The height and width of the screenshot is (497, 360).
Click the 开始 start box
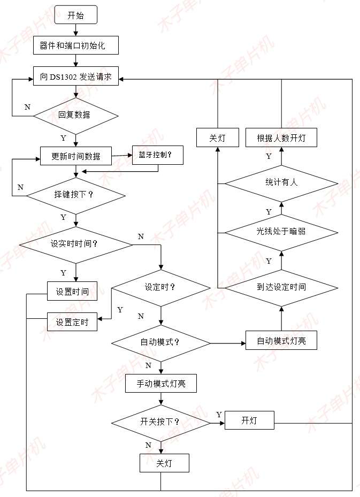tap(75, 16)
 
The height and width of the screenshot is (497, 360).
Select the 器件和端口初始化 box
tap(75, 45)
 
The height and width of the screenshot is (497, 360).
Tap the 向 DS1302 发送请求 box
tap(75, 77)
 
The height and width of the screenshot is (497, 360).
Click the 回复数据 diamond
tap(75, 115)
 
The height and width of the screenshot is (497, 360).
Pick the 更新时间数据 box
tap(75, 156)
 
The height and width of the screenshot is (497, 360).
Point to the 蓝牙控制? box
tap(157, 155)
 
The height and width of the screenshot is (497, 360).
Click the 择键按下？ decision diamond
tap(75, 194)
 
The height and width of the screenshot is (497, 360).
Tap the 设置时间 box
tap(72, 291)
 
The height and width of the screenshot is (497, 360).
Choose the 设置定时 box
tap(72, 322)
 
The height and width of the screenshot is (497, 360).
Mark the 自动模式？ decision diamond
tap(160, 341)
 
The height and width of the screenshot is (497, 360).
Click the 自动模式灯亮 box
tap(281, 340)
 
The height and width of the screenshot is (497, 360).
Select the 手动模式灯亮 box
tap(160, 384)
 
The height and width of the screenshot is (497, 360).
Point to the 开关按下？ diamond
tap(160, 422)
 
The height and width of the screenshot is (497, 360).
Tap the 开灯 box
tap(249, 420)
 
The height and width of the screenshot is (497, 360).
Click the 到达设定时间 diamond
tap(281, 287)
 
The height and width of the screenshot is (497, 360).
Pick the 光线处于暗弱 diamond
tap(281, 232)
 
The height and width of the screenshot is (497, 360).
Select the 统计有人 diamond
tap(281, 182)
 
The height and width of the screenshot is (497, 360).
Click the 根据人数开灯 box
tap(281, 138)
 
